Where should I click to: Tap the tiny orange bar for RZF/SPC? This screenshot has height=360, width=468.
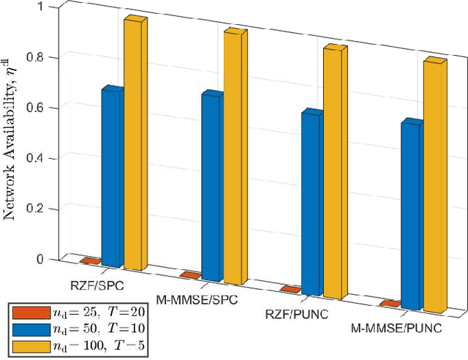click(x=91, y=260)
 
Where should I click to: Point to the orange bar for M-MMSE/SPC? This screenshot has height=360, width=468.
click(x=190, y=275)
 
